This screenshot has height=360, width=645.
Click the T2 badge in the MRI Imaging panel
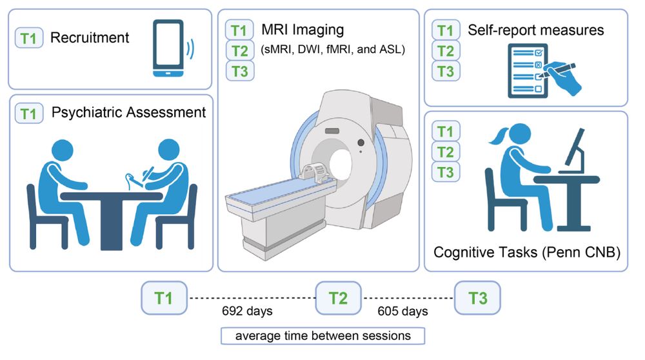[240, 50]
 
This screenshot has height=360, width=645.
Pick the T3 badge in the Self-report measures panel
[445, 71]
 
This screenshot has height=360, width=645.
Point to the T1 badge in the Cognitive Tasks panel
[445, 132]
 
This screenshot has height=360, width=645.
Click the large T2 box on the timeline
[339, 298]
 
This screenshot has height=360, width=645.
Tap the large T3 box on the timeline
[478, 298]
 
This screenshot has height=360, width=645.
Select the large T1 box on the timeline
[164, 298]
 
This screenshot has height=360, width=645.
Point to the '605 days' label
[406, 312]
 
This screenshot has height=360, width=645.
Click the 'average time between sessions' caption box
[322, 335]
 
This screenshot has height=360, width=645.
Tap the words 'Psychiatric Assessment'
[128, 113]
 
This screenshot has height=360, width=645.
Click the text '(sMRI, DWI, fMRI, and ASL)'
[333, 49]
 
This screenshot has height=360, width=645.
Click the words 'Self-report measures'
[535, 30]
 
